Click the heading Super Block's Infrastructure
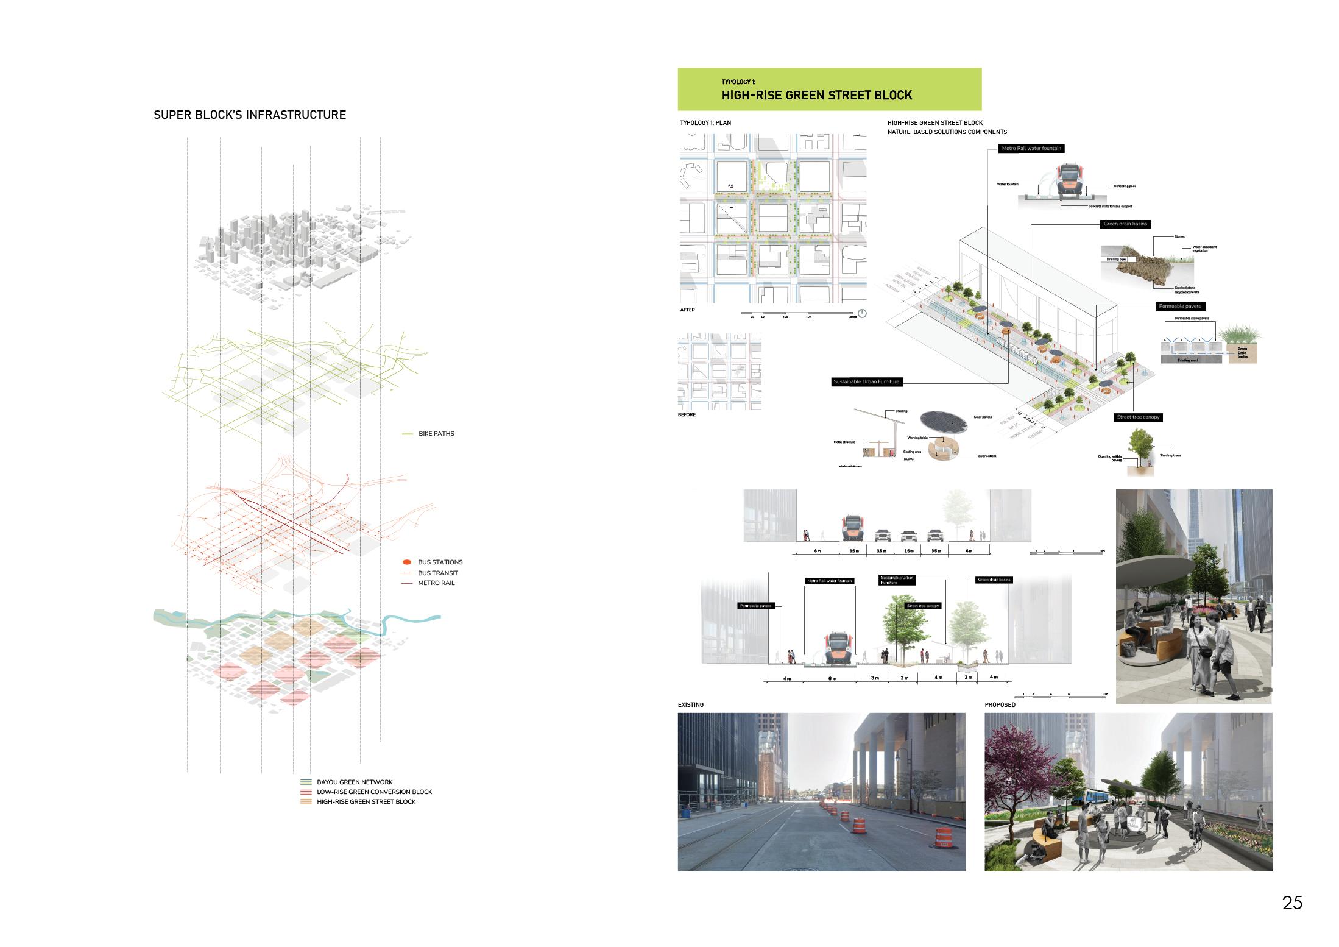pyautogui.click(x=250, y=115)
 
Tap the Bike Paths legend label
pyautogui.click(x=436, y=434)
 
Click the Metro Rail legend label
pyautogui.click(x=436, y=583)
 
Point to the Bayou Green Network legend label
pyautogui.click(x=355, y=782)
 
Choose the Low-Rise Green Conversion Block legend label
pyautogui.click(x=374, y=792)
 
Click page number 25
pyautogui.click(x=1292, y=903)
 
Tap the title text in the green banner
pyautogui.click(x=816, y=95)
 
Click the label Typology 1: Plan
pyautogui.click(x=705, y=122)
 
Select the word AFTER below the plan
pyautogui.click(x=687, y=310)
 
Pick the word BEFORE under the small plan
pyautogui.click(x=687, y=415)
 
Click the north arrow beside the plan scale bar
pyautogui.click(x=861, y=314)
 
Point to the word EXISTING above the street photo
pyautogui.click(x=690, y=705)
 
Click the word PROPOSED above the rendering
pyautogui.click(x=1000, y=705)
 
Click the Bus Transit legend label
pyautogui.click(x=438, y=573)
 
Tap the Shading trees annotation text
pyautogui.click(x=1169, y=455)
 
